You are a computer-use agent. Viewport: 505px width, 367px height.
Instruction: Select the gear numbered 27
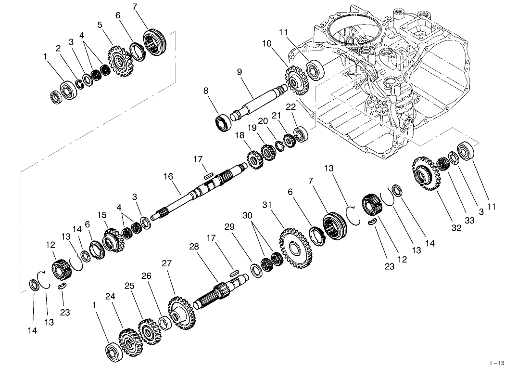coord(181,314)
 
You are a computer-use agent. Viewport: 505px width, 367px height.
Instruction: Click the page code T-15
coord(496,362)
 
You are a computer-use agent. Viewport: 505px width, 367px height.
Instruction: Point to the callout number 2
coord(58,48)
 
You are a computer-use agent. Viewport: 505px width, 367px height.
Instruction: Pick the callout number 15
coord(101,214)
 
